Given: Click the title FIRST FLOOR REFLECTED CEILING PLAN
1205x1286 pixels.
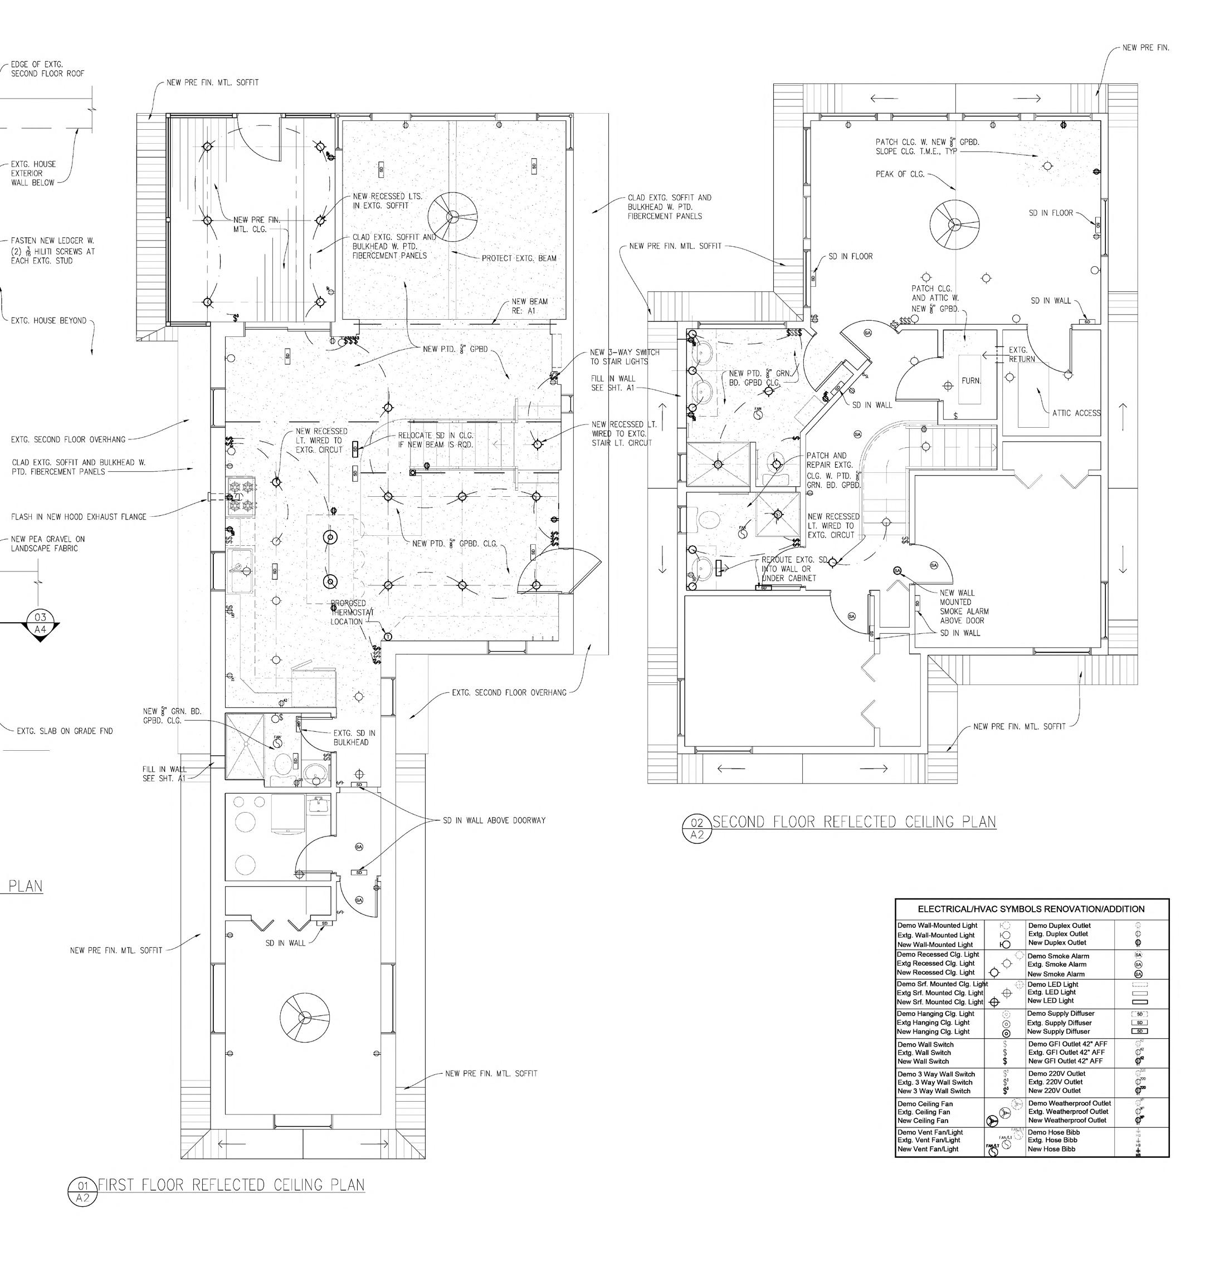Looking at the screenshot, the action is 231,1185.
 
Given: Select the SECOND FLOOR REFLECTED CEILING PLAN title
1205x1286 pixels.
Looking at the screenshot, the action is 853,822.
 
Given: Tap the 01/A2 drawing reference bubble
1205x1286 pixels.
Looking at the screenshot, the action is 82,1191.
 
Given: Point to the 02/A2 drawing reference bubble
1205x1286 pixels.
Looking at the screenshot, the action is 697,829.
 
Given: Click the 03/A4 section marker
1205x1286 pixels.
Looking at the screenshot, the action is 40,623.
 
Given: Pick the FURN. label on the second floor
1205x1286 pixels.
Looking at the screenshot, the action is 970,381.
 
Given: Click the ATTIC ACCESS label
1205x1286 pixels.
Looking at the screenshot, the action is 1076,413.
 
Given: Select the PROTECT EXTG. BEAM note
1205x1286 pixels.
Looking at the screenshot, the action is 519,258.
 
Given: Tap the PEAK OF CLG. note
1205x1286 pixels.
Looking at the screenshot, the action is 900,174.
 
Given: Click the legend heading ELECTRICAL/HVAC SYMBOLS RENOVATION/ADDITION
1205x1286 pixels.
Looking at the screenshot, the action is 1031,909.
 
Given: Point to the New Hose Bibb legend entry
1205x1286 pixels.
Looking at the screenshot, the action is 1051,1149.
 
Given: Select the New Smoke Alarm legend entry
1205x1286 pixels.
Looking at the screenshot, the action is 1056,974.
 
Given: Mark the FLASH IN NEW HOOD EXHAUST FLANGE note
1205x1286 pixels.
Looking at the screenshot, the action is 79,517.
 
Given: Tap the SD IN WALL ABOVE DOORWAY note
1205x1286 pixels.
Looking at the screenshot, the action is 494,820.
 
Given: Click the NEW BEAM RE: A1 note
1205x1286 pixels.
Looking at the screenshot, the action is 529,306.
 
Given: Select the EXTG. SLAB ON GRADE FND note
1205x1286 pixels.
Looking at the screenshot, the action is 65,731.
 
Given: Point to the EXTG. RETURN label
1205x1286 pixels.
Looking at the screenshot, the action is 1022,354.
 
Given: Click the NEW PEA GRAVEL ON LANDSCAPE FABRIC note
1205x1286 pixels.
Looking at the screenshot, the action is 48,544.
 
